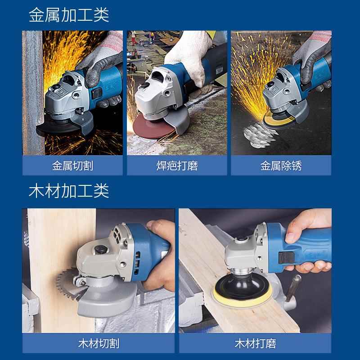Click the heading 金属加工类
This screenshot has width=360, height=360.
point(69,15)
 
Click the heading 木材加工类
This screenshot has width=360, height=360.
point(69,191)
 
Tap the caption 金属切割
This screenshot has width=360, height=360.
point(72,166)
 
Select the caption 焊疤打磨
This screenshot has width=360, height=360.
point(177,166)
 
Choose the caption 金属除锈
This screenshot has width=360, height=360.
point(281,166)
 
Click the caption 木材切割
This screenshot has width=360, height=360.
point(98,344)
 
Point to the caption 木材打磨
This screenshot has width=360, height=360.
point(255,344)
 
